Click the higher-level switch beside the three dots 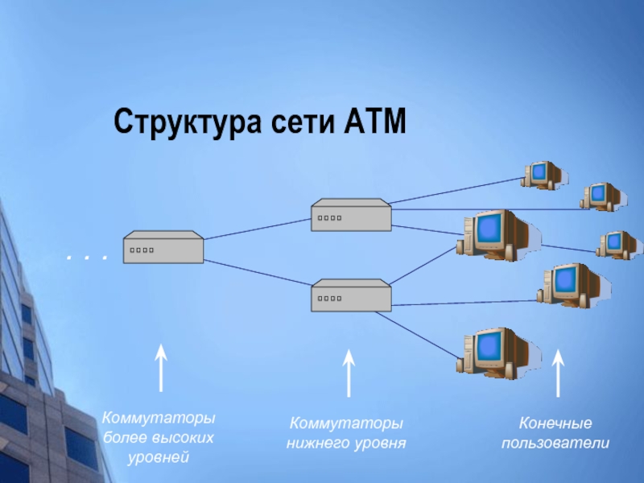(163, 247)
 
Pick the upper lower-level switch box (351, 215)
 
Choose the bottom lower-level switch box (351, 295)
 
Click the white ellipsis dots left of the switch (87, 258)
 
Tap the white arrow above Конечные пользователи (558, 374)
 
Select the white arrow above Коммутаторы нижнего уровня (349, 374)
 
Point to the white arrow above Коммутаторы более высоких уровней (161, 368)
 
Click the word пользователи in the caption (555, 444)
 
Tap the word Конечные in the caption (555, 423)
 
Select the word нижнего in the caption (316, 444)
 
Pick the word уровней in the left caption (158, 457)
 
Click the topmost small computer (543, 175)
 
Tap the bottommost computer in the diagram (497, 353)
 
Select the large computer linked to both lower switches (497, 235)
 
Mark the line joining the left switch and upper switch (258, 229)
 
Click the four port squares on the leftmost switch (142, 250)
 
